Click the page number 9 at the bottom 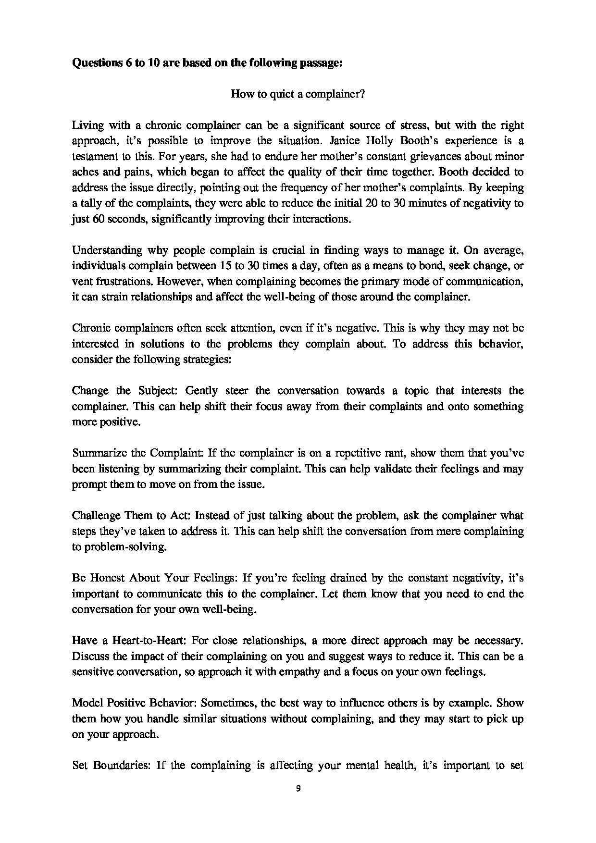click(x=298, y=788)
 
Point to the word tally click(x=88, y=203)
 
